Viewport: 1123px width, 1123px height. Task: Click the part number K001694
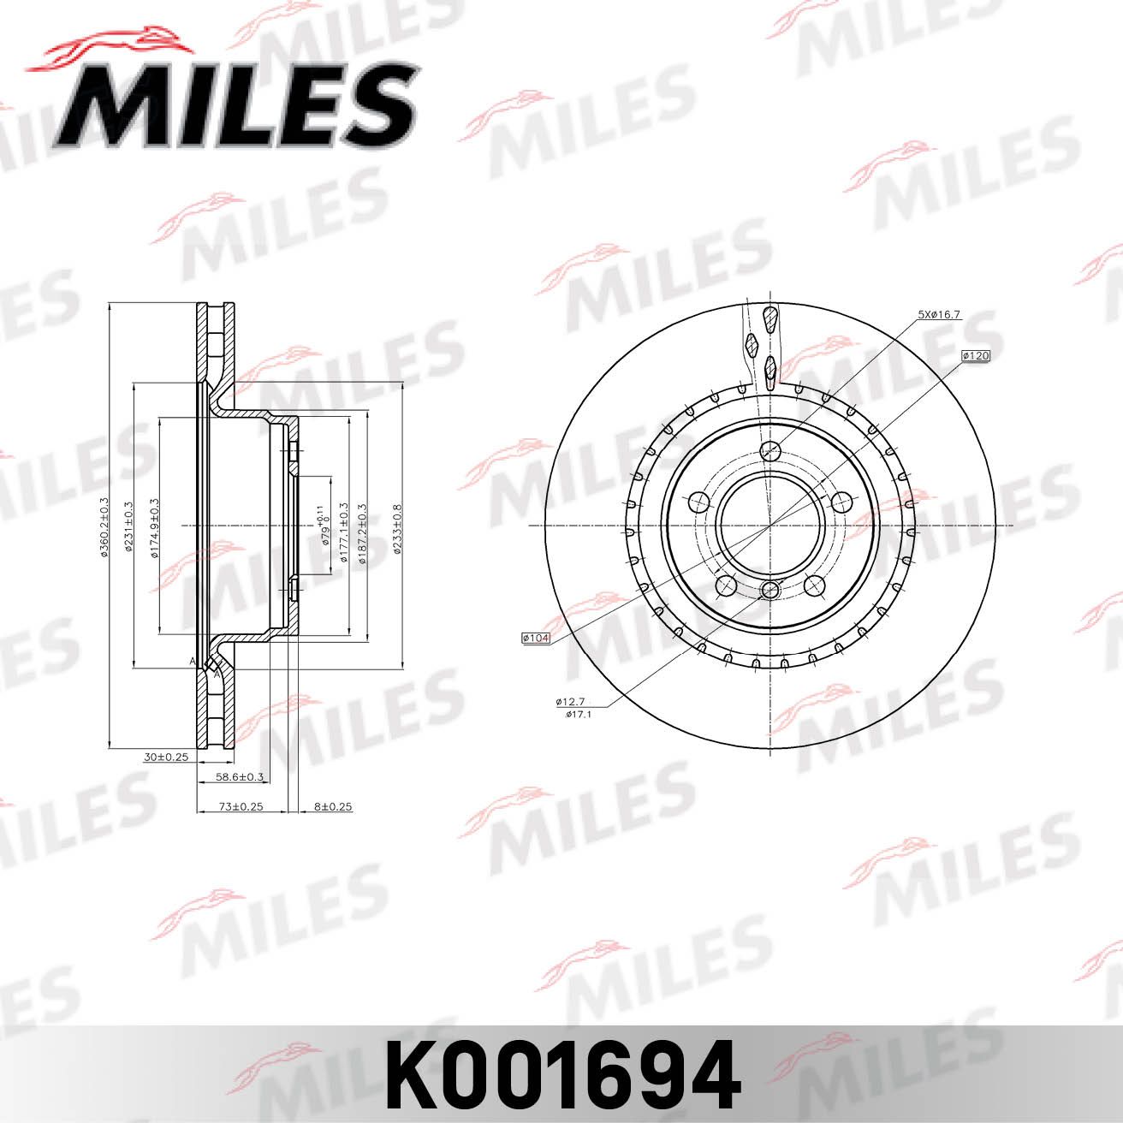pyautogui.click(x=562, y=1075)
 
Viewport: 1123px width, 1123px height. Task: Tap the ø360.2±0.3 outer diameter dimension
pyautogui.click(x=104, y=526)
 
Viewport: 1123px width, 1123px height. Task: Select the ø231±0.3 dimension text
pyautogui.click(x=129, y=526)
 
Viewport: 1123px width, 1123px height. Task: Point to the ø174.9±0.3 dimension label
pyautogui.click(x=155, y=526)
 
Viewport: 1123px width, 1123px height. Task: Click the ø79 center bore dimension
pyautogui.click(x=324, y=526)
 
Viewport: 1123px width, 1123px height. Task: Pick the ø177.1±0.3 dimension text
pyautogui.click(x=344, y=526)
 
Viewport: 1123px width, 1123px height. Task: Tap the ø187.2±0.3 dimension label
pyautogui.click(x=363, y=526)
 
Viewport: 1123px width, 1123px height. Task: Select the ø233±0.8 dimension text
pyautogui.click(x=397, y=526)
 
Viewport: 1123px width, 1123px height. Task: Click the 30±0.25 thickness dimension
pyautogui.click(x=166, y=757)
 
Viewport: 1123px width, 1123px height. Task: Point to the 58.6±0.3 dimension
pyautogui.click(x=240, y=777)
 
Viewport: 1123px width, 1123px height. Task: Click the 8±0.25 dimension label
pyautogui.click(x=333, y=806)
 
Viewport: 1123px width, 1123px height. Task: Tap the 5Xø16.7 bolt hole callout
pyautogui.click(x=939, y=315)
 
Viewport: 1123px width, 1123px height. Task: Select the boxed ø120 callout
pyautogui.click(x=975, y=355)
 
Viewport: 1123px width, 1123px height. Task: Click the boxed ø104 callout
pyautogui.click(x=535, y=638)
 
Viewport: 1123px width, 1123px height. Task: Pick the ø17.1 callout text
pyautogui.click(x=579, y=713)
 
